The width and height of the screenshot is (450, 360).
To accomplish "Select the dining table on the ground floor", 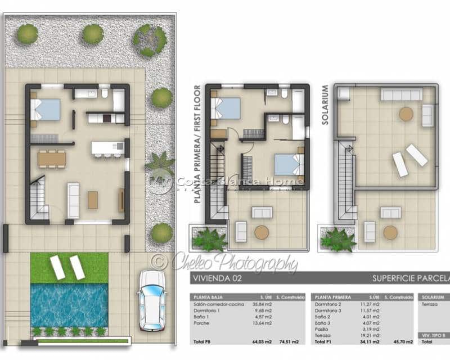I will [x=52, y=159].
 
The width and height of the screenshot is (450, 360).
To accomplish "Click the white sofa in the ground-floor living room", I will [x=74, y=200].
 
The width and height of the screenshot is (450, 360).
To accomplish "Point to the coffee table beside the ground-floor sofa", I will [x=93, y=200].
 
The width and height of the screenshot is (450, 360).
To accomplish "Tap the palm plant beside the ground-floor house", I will [x=159, y=164].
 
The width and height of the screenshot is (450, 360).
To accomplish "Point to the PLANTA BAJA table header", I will [x=207, y=296].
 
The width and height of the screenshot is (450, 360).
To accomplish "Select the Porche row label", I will [x=201, y=323].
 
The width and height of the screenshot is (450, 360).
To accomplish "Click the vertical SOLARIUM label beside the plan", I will [x=325, y=97].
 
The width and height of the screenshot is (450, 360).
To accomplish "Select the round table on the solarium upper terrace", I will [x=406, y=114].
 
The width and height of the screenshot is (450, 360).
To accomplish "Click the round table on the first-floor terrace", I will [x=262, y=232].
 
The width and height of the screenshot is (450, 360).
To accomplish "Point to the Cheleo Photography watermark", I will [x=225, y=263].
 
